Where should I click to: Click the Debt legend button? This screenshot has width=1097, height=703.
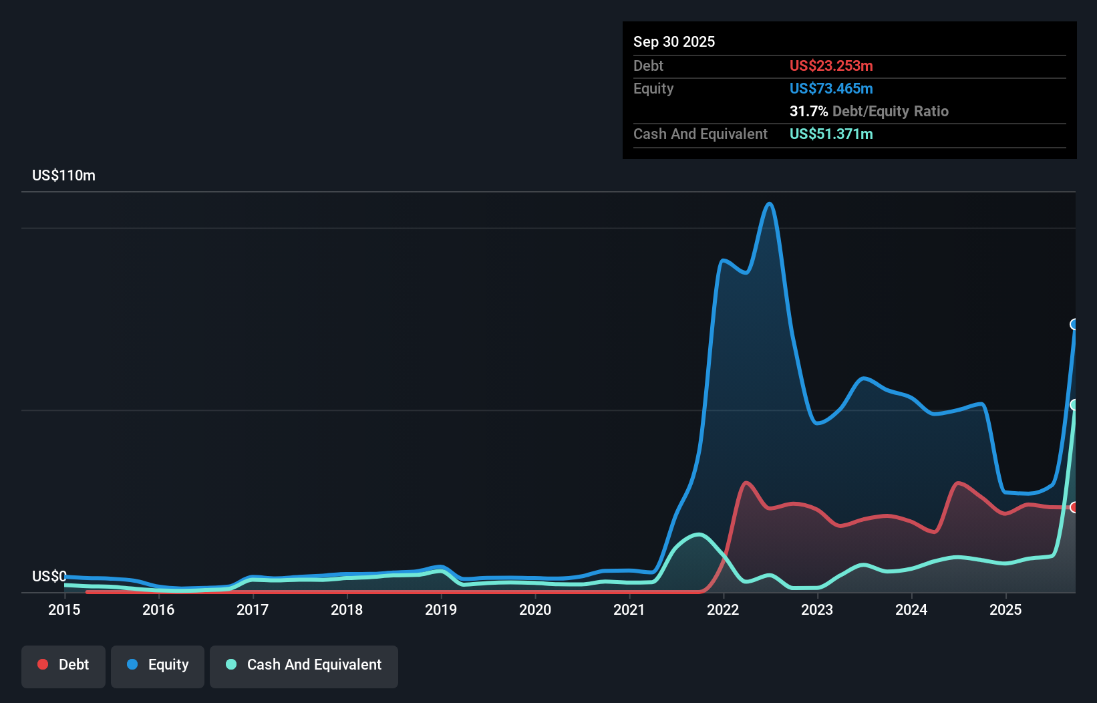pyautogui.click(x=63, y=666)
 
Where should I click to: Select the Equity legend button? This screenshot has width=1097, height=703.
pyautogui.click(x=158, y=666)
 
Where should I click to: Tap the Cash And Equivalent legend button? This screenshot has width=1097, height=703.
pyautogui.click(x=304, y=666)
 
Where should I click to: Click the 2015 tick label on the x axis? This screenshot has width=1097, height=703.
pyautogui.click(x=64, y=609)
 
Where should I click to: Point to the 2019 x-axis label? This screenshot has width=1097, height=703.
pyautogui.click(x=441, y=609)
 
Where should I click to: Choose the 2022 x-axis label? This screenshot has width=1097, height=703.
pyautogui.click(x=723, y=609)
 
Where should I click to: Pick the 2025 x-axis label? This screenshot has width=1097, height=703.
pyautogui.click(x=1005, y=609)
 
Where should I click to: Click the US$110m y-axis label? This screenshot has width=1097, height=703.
pyautogui.click(x=63, y=175)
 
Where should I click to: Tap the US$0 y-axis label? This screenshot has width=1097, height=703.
pyautogui.click(x=49, y=576)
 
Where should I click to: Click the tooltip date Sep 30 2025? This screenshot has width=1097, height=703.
pyautogui.click(x=673, y=41)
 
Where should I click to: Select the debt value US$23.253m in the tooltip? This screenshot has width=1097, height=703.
pyautogui.click(x=830, y=65)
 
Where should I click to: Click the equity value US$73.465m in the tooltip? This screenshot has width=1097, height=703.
pyautogui.click(x=830, y=88)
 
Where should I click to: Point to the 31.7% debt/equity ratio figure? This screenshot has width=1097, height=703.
pyautogui.click(x=808, y=111)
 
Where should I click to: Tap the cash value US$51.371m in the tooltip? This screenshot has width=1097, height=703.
pyautogui.click(x=830, y=134)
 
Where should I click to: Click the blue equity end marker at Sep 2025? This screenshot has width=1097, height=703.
pyautogui.click(x=1074, y=325)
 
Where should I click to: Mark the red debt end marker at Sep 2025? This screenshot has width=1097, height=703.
pyautogui.click(x=1074, y=507)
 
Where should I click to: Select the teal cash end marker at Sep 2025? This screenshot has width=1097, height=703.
pyautogui.click(x=1074, y=405)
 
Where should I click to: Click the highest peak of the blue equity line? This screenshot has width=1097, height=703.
pyautogui.click(x=770, y=204)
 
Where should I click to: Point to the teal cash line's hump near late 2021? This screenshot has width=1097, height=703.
pyautogui.click(x=698, y=534)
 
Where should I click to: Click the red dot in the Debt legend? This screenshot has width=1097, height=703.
pyautogui.click(x=43, y=664)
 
